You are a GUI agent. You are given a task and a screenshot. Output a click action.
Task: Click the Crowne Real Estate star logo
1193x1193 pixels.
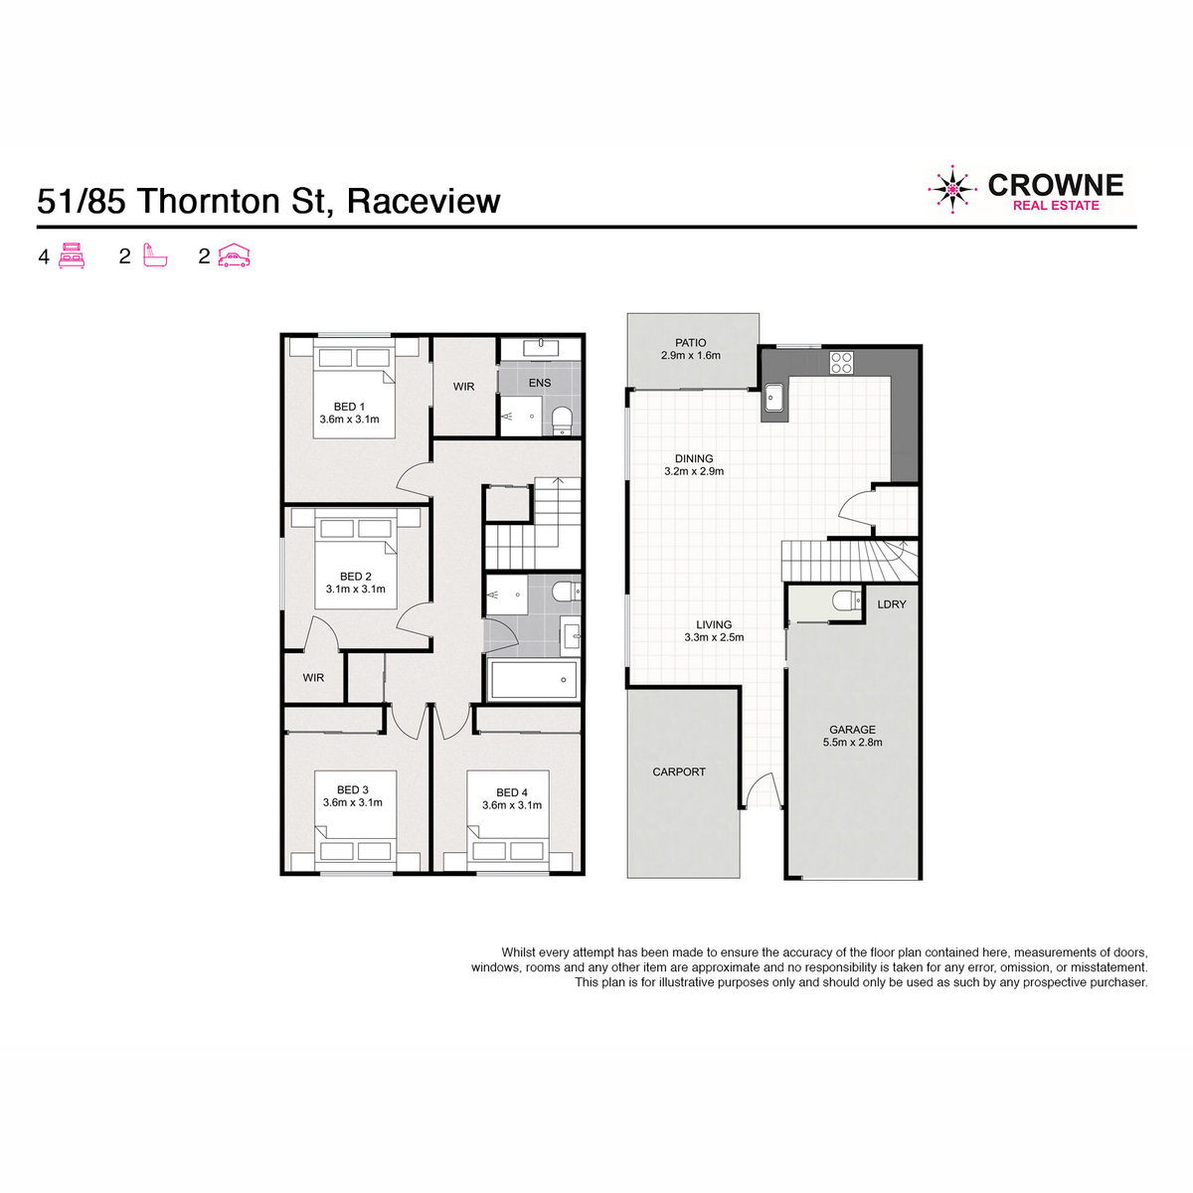click(951, 190)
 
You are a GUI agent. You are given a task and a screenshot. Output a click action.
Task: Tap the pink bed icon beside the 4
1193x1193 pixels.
click(72, 256)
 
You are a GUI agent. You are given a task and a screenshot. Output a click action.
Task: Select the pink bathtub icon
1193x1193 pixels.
click(155, 256)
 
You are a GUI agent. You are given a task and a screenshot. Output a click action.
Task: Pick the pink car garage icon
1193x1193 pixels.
click(234, 256)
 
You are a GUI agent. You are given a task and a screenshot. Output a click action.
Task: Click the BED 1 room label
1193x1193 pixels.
click(349, 407)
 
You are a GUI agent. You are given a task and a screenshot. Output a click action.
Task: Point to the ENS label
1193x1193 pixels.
click(539, 383)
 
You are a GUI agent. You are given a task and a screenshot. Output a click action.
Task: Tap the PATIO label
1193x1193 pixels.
click(690, 342)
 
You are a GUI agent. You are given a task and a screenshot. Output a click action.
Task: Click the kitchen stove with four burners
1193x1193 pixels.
click(841, 363)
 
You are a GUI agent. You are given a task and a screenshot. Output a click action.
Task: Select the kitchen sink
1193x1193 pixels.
click(774, 397)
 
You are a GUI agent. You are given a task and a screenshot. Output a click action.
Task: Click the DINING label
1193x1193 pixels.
click(693, 458)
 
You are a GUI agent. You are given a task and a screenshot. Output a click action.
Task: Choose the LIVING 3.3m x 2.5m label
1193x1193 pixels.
click(714, 631)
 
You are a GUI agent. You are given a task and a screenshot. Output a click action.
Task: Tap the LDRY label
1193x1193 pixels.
click(891, 604)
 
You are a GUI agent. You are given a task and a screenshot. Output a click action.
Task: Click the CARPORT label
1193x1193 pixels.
click(679, 772)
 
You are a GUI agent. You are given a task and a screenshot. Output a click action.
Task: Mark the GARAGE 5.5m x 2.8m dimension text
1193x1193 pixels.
click(852, 743)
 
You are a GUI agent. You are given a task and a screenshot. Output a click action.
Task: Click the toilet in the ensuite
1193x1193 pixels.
click(562, 420)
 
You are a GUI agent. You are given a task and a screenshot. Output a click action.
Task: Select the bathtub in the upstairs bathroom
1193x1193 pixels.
click(534, 680)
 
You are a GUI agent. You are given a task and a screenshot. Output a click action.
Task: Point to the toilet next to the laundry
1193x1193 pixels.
click(846, 599)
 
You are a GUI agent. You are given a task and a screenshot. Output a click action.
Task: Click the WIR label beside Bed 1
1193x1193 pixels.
click(463, 387)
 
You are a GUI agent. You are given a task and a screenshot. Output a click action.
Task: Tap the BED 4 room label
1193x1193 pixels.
click(511, 792)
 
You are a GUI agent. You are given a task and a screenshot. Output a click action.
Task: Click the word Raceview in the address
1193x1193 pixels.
click(424, 201)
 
